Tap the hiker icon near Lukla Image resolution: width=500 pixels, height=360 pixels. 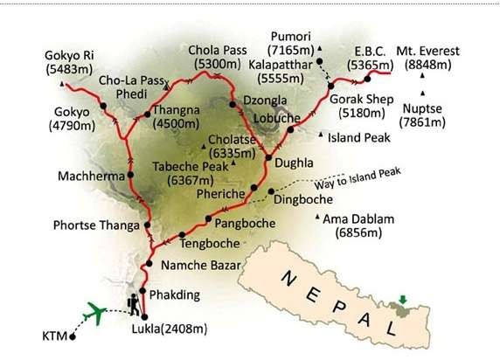135,303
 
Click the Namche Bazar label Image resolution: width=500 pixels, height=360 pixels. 199,263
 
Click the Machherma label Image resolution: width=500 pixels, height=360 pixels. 87,175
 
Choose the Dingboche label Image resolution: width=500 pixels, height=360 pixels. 304,200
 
